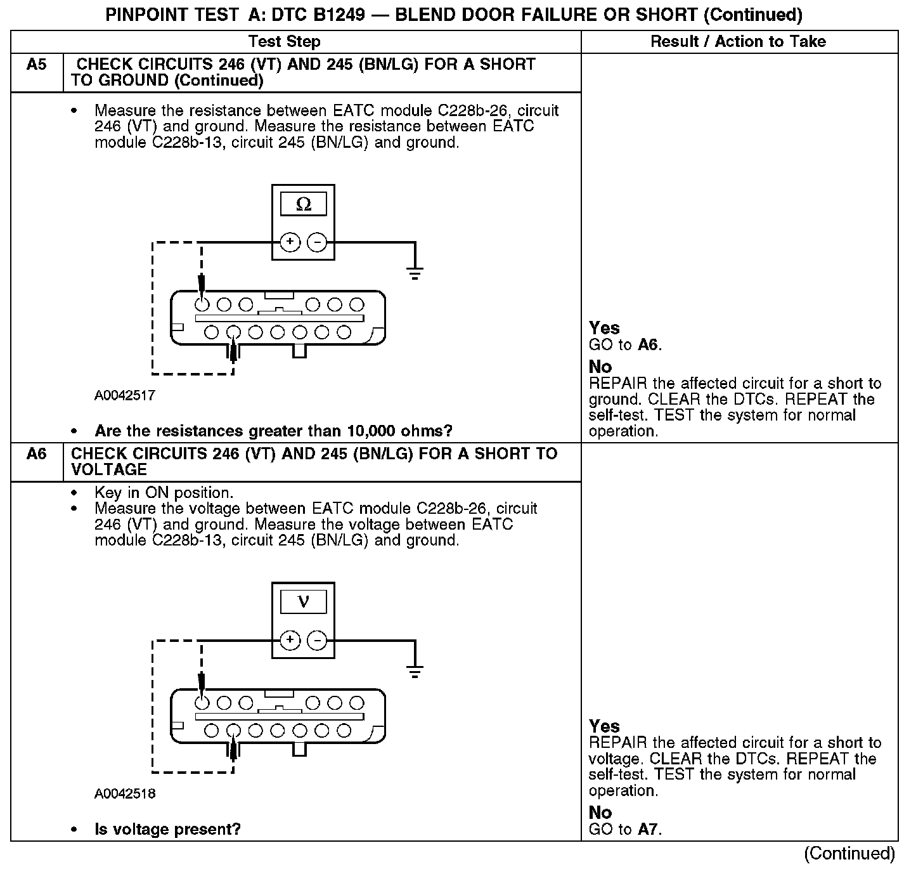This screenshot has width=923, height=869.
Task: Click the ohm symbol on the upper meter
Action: tap(304, 204)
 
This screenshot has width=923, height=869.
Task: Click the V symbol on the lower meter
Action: tap(303, 601)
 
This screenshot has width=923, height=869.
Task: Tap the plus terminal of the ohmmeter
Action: tap(290, 242)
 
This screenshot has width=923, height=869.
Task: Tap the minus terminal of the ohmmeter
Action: tap(317, 242)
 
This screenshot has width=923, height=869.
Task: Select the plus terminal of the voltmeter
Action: tap(290, 640)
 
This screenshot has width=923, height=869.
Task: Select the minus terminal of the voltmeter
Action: tap(317, 640)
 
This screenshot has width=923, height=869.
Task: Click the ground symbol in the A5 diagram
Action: tap(415, 274)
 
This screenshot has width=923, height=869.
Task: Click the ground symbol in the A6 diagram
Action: tap(415, 672)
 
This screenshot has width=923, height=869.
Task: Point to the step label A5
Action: tap(37, 65)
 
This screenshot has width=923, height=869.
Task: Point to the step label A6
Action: tap(37, 454)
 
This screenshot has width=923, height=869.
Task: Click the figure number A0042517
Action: tap(125, 396)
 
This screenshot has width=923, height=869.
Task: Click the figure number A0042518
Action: tap(125, 794)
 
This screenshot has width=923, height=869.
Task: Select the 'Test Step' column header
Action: tap(285, 42)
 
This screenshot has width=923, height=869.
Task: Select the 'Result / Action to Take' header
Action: tap(739, 42)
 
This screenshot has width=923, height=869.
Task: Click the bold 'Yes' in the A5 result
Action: tap(604, 328)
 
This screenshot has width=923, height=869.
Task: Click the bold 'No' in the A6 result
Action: tap(600, 813)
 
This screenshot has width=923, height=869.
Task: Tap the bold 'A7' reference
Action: tap(649, 829)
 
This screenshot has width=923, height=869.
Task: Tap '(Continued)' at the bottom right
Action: tap(849, 854)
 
